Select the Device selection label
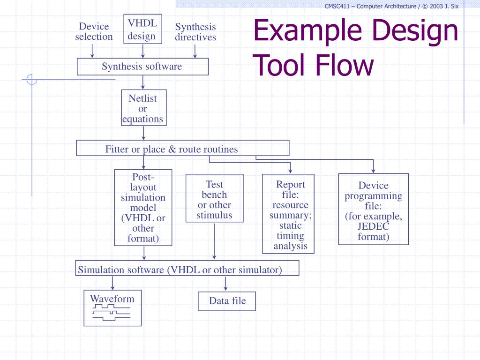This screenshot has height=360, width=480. point(94,31)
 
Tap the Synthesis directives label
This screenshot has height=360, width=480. point(195,32)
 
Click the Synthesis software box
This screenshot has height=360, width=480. point(142,67)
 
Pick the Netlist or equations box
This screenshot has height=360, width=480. point(143,108)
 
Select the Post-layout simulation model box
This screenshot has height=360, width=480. point(143,208)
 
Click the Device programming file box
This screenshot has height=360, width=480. point(374,209)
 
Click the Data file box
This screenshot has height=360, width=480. point(227,301)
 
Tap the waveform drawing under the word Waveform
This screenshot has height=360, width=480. point(112,313)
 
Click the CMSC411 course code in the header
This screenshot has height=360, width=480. point(337,6)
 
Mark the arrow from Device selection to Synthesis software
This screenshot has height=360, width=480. point(93,50)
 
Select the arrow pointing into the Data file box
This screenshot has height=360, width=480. point(225,283)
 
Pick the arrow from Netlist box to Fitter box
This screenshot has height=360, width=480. point(143,133)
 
